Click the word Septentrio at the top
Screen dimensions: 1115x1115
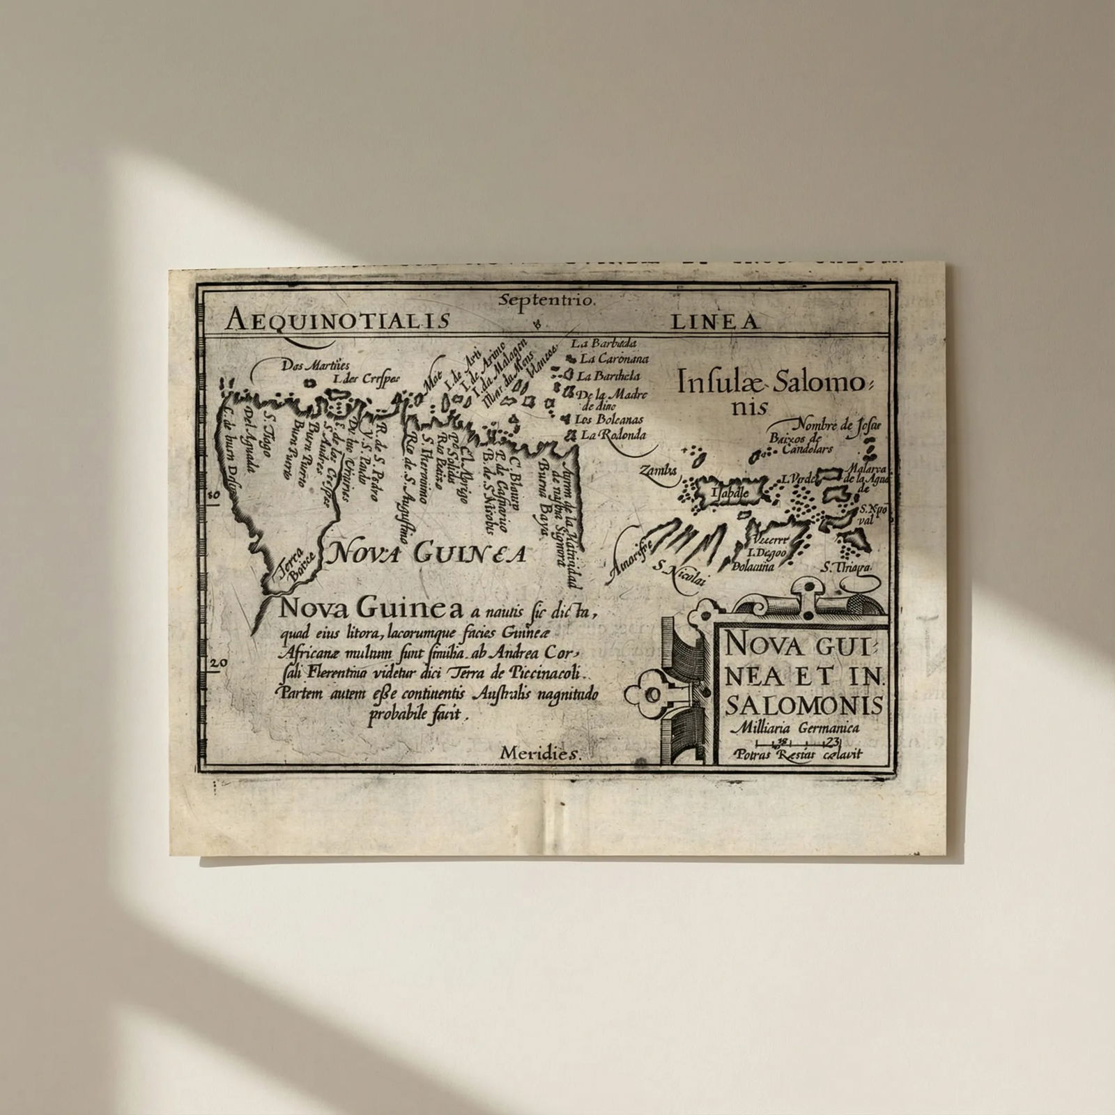pos(547,301)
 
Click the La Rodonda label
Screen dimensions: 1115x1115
pos(612,435)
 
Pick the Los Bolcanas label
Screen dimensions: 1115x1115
pos(608,420)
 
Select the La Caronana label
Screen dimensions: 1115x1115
pos(613,360)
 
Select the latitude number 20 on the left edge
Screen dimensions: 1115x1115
pos(217,663)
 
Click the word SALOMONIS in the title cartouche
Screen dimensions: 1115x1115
pos(804,705)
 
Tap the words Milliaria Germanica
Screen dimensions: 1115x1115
pos(792,728)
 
